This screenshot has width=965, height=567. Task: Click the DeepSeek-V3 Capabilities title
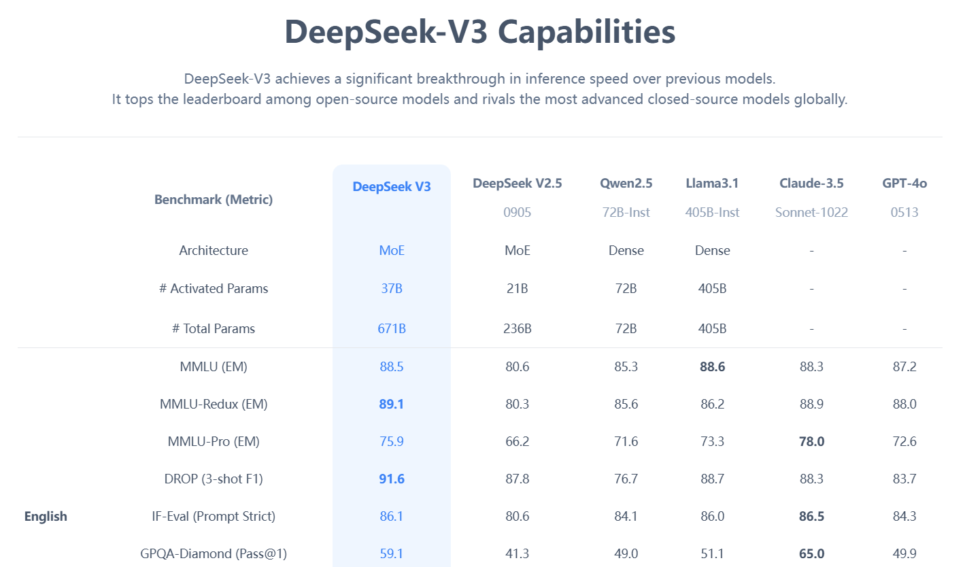[x=479, y=32]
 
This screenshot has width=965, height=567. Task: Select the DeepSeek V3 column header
[x=392, y=186]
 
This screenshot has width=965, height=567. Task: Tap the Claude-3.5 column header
[x=811, y=183]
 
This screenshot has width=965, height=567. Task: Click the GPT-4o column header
[x=904, y=183]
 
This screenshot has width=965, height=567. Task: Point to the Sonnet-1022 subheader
[x=811, y=212]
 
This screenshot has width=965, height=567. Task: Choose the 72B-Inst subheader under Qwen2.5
[x=626, y=212]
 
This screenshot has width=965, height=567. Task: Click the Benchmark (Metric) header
[x=214, y=200]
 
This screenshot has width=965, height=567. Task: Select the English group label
[x=46, y=516]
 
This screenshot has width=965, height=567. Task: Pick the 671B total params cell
[x=392, y=328]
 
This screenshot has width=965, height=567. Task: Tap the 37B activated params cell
[x=392, y=288]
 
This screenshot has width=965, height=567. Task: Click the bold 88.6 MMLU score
[x=713, y=366]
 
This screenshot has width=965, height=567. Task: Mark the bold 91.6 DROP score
[x=392, y=479]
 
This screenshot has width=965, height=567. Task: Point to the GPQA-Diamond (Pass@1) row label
[x=214, y=553]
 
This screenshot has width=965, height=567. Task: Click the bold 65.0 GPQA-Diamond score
[x=811, y=553]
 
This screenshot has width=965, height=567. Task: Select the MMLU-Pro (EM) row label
[x=214, y=441]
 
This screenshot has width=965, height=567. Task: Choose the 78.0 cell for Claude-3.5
[x=811, y=441]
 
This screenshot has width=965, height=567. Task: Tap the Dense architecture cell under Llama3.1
[x=713, y=250]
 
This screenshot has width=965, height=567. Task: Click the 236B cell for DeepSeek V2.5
[x=518, y=328]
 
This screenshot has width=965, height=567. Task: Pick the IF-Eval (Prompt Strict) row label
[x=214, y=516]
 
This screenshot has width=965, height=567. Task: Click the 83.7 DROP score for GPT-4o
[x=904, y=479]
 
